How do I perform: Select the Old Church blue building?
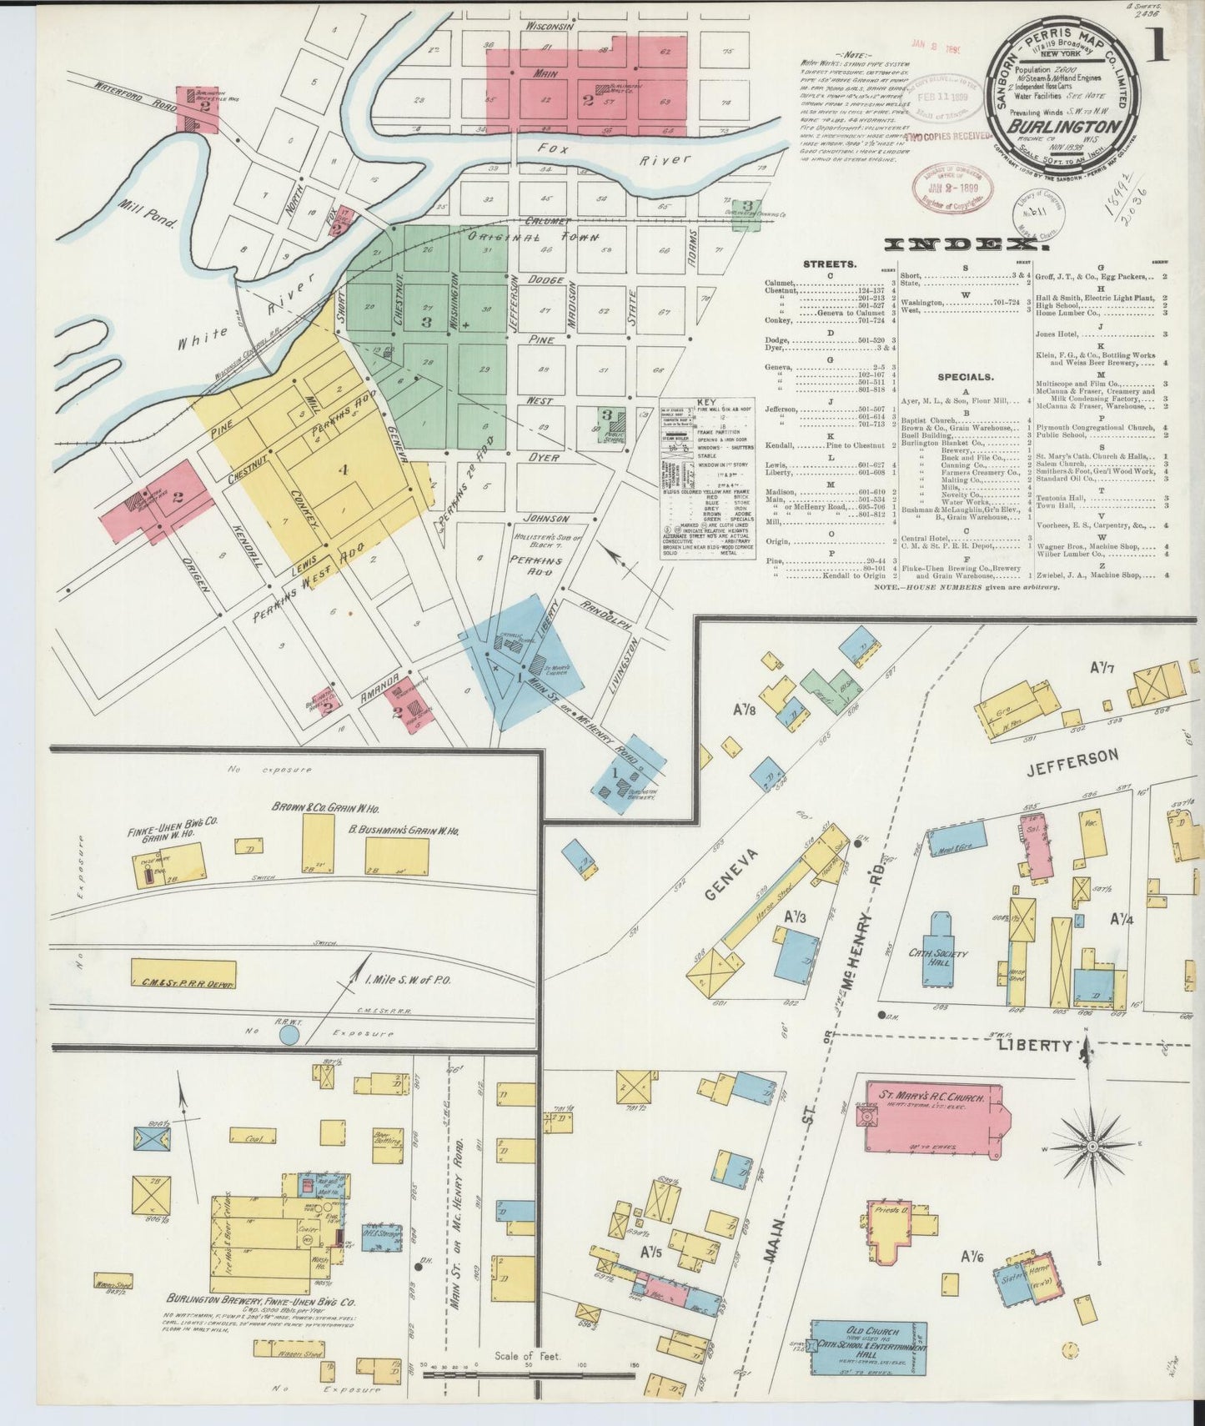(x=869, y=1348)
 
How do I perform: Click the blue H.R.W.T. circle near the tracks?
(x=289, y=1035)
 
